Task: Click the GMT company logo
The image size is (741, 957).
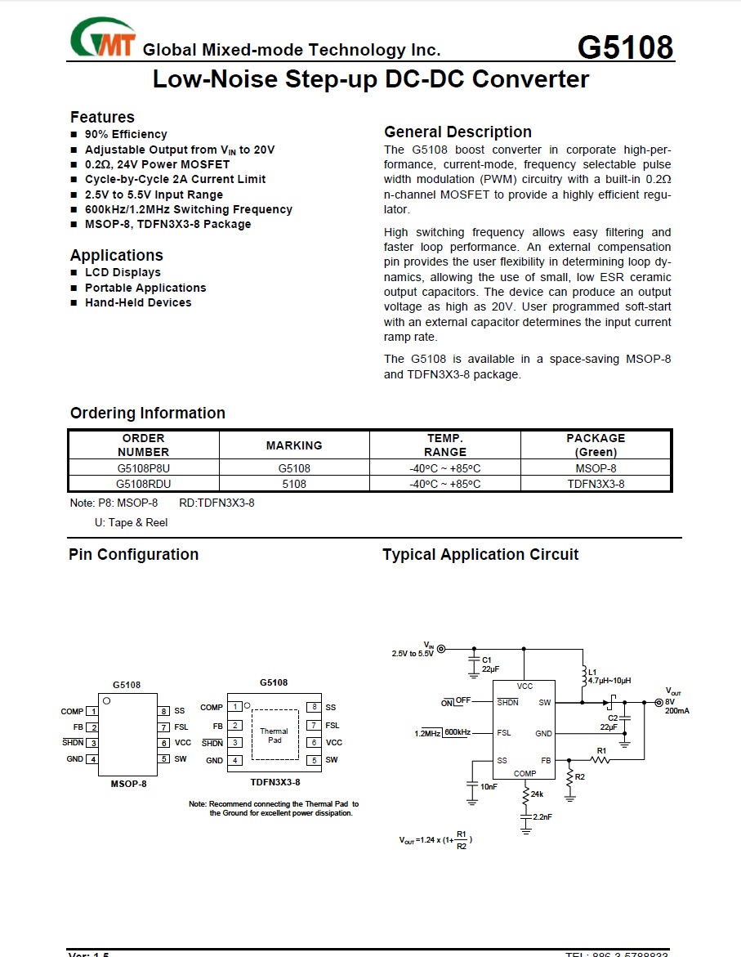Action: pos(102,38)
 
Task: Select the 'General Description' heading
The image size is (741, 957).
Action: pos(458,132)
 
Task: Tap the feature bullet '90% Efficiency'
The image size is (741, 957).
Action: pos(126,134)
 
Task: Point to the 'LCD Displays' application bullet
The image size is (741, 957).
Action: pos(123,272)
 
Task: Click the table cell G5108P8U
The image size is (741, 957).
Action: pos(143,469)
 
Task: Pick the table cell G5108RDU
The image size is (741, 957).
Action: pos(143,484)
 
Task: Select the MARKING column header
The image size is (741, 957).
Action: pos(294,445)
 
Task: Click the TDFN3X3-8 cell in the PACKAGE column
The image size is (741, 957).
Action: pos(596,484)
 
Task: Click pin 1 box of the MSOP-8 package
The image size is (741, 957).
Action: pos(93,711)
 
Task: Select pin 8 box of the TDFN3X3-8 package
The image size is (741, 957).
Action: pos(313,707)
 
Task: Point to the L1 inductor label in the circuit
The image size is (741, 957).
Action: pos(593,672)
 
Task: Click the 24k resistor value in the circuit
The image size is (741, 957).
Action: pos(537,794)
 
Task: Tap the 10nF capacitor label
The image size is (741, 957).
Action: pos(489,786)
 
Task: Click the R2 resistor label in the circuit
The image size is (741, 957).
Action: pos(579,776)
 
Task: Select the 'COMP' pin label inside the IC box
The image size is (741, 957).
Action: pos(525,773)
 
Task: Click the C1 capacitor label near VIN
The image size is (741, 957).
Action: pos(486,659)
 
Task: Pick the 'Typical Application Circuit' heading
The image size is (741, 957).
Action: pos(480,554)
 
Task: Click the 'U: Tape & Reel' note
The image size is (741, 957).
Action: pos(131,522)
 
